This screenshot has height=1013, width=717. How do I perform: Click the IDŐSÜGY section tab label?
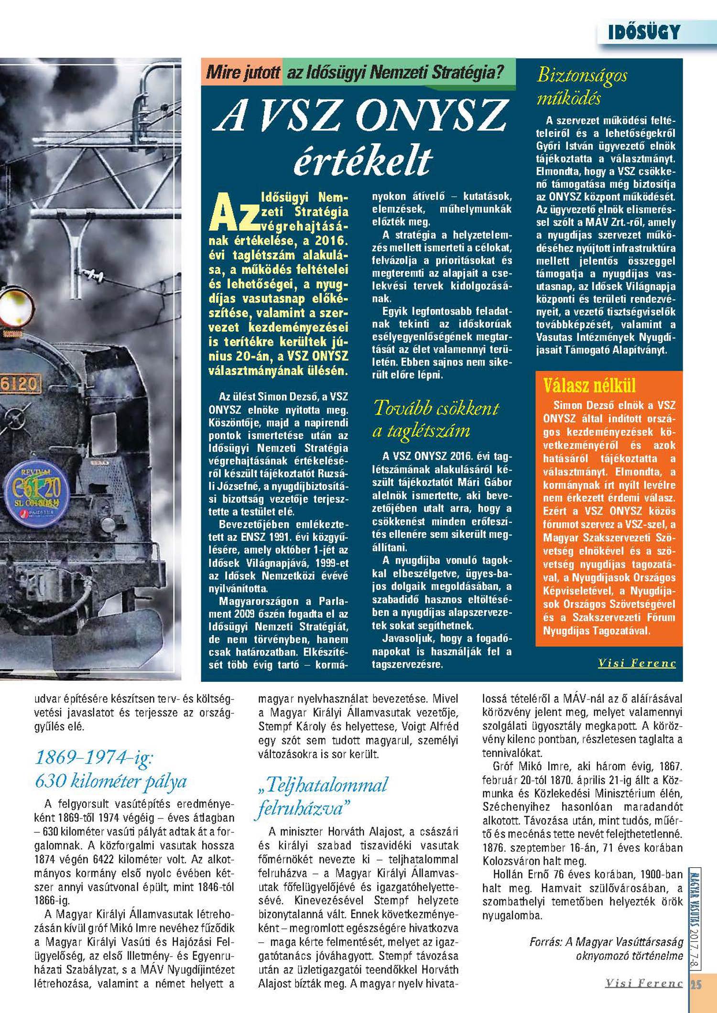click(x=643, y=32)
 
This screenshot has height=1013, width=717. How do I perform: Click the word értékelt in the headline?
click(x=363, y=161)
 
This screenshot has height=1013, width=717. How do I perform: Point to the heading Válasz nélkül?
click(x=589, y=386)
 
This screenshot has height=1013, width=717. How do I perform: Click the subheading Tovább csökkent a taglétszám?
click(x=435, y=419)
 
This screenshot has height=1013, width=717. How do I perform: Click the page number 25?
click(x=696, y=985)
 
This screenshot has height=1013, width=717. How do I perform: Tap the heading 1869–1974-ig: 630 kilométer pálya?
click(x=111, y=769)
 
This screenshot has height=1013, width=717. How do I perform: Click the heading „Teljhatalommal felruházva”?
click(x=323, y=796)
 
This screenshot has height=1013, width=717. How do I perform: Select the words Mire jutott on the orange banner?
click(x=242, y=73)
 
